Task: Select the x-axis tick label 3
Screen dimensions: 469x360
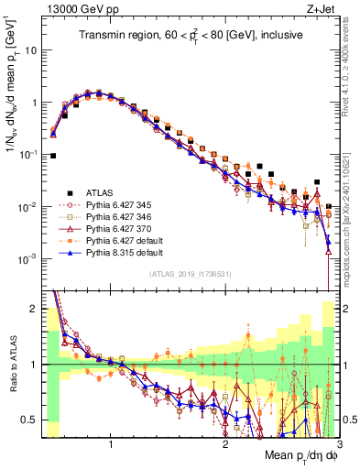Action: [x=338, y=446]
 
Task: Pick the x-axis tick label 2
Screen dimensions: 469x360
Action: [x=225, y=446]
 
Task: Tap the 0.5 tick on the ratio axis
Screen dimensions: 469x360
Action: [x=32, y=420]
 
